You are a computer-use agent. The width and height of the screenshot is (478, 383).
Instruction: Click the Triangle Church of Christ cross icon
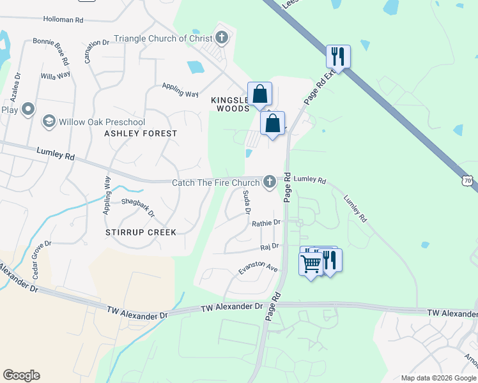tap(222, 38)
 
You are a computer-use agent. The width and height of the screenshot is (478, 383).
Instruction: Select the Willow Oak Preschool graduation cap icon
tap(48, 121)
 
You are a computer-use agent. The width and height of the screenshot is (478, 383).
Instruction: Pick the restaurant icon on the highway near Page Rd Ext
tap(337, 56)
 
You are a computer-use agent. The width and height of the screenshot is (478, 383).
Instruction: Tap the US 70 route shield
tap(468, 181)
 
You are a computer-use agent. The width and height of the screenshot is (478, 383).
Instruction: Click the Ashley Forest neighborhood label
tap(141, 133)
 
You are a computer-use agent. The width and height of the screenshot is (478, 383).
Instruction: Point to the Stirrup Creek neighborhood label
tap(141, 232)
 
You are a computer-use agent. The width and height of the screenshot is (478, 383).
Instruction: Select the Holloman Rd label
tap(61, 20)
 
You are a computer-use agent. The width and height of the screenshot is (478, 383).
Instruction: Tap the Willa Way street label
tap(55, 75)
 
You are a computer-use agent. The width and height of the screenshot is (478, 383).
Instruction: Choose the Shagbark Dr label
tap(138, 207)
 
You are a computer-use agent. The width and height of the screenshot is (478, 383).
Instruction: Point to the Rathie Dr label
tap(266, 223)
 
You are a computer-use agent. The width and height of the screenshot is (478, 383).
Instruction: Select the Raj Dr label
tap(270, 246)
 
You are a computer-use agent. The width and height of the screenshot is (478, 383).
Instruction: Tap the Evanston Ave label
tap(258, 269)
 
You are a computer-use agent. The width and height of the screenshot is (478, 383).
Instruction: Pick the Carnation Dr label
tap(96, 51)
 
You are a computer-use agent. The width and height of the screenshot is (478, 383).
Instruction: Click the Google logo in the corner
tap(21, 375)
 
